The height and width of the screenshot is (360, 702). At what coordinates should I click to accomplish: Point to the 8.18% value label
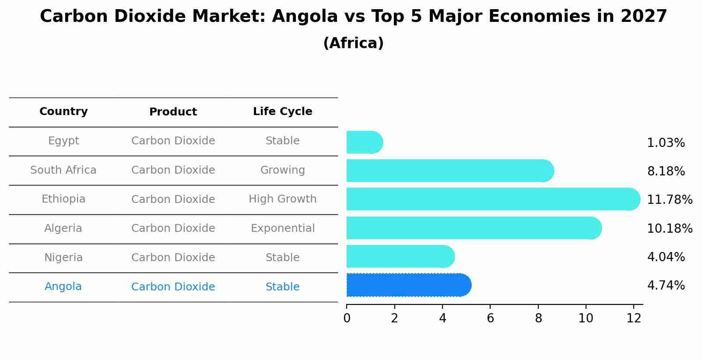(x=666, y=171)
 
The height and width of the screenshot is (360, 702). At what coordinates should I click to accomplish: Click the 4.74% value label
(x=666, y=286)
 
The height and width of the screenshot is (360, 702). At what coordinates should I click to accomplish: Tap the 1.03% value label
(x=666, y=143)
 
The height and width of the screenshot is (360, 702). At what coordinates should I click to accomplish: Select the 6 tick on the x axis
(x=490, y=318)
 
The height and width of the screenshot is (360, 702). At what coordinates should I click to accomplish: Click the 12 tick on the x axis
(x=634, y=318)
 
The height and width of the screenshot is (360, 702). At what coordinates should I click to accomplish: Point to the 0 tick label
(x=347, y=318)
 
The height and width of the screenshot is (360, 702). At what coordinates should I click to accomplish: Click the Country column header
(x=63, y=112)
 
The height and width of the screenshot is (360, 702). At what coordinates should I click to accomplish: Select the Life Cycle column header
(x=282, y=112)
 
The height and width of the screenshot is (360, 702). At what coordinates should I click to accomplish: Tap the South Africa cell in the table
(x=63, y=170)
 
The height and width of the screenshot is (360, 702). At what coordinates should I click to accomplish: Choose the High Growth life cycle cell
(x=282, y=199)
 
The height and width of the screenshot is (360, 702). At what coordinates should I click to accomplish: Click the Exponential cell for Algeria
(x=282, y=228)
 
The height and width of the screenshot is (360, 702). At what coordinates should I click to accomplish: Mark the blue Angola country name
(x=63, y=287)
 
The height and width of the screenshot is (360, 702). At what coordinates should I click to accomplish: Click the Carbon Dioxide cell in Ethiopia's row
(x=173, y=199)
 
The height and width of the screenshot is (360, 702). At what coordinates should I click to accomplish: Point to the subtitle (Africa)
(x=353, y=43)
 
